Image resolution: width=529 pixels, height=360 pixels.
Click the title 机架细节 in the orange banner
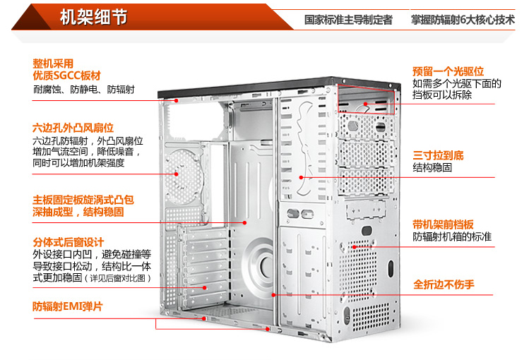tap(94, 17)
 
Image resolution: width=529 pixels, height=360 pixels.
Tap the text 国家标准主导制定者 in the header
tap(348, 20)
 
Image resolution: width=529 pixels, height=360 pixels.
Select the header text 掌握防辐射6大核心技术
tap(463, 20)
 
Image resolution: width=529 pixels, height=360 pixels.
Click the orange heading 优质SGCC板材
tap(66, 75)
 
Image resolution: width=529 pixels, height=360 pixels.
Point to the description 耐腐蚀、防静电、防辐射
tap(83, 90)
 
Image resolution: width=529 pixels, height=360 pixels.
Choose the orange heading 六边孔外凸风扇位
tap(73, 128)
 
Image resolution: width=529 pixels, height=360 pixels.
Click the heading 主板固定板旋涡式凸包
tap(83, 199)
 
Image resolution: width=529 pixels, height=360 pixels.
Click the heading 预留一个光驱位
tap(448, 71)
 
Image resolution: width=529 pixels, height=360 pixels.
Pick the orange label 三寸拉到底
tap(439, 155)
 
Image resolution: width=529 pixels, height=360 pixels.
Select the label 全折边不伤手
tap(444, 285)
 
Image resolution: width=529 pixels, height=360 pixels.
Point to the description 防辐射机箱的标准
tap(453, 236)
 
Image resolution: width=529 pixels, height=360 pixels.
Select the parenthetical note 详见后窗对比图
tap(119, 279)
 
